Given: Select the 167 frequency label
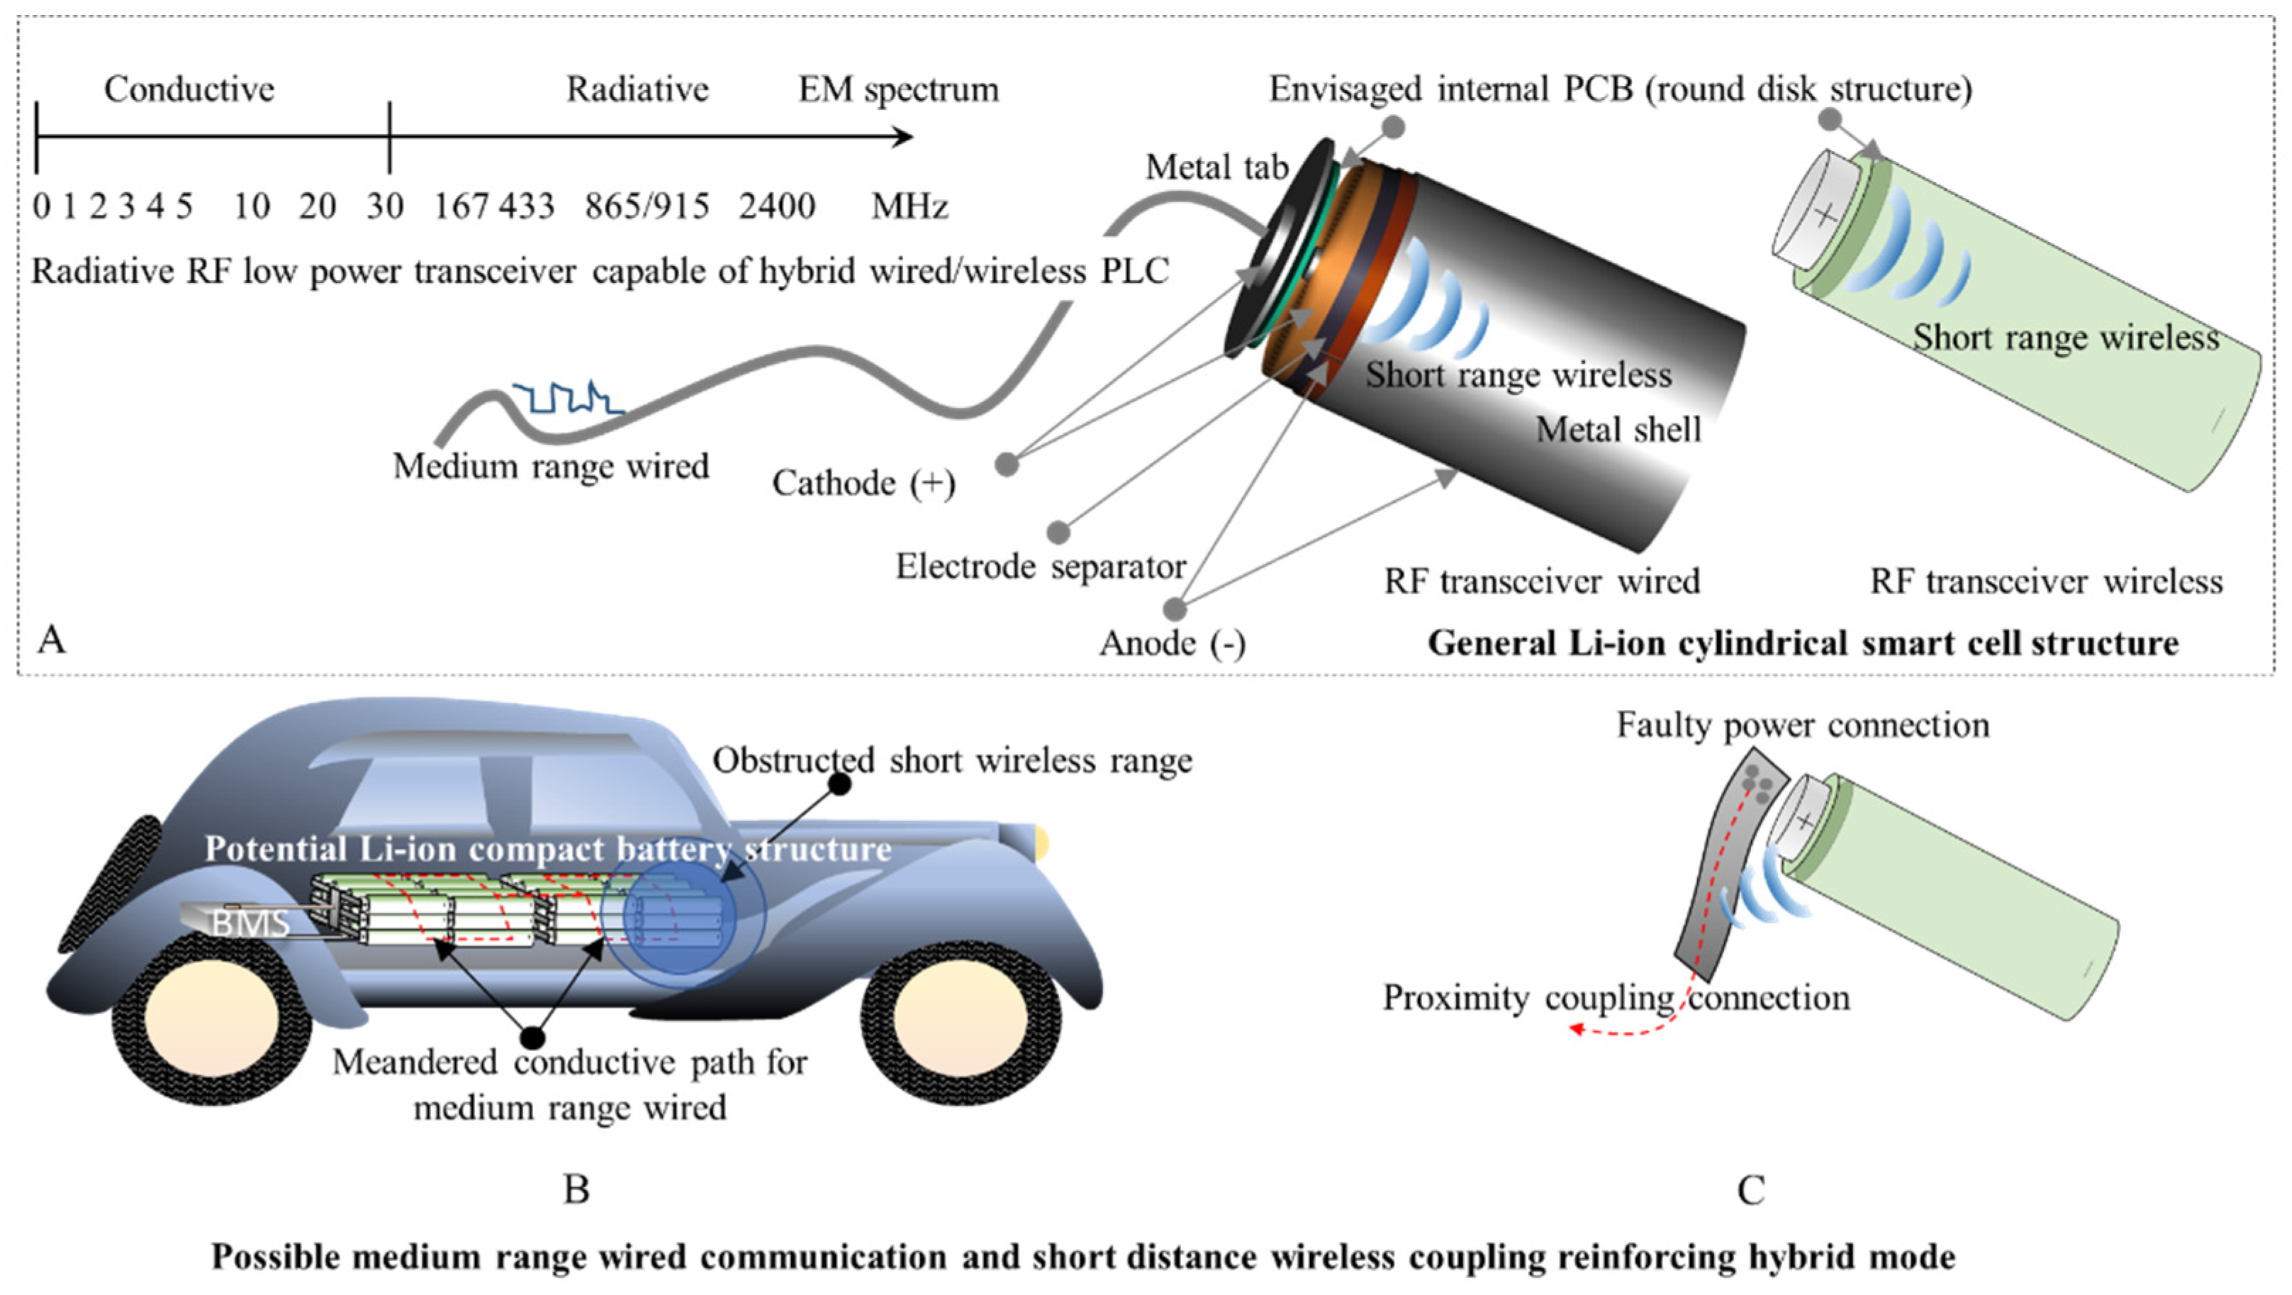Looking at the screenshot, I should click(460, 206).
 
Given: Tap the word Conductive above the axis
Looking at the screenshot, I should click(189, 89).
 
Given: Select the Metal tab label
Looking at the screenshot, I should click(1217, 167).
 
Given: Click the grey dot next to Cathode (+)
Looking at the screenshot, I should click(1006, 464).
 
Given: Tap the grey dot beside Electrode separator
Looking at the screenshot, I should click(1058, 532).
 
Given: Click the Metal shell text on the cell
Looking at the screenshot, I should click(1618, 430).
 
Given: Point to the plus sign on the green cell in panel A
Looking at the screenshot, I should click(1825, 214).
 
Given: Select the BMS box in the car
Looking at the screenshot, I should click(249, 922).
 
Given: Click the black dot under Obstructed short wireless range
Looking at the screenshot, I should click(839, 783).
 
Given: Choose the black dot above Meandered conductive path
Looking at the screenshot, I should click(532, 1037).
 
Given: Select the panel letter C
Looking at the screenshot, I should click(1750, 1190).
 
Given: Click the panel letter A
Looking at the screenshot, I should click(52, 640).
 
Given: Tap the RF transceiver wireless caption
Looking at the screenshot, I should click(2045, 582).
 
